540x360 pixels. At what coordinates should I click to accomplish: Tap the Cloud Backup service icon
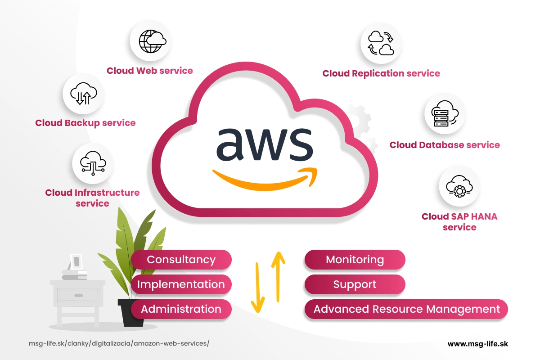coord(84,93)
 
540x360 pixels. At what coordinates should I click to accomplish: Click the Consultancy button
coord(181,260)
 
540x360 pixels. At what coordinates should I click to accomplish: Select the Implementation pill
coord(181,284)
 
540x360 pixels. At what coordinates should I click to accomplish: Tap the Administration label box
coord(181,309)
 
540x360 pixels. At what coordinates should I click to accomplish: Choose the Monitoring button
coord(355,260)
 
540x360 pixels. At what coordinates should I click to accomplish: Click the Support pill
coord(355,284)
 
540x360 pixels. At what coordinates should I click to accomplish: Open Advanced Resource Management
coord(406,309)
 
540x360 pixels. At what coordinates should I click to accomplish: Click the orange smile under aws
coord(265,179)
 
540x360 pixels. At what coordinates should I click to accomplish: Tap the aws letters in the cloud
coord(264,144)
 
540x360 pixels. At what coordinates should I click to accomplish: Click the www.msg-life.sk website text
coord(477,343)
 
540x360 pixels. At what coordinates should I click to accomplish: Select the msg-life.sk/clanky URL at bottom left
coord(119,343)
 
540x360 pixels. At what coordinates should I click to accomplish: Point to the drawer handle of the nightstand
coord(78,295)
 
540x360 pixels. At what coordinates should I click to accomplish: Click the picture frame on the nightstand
coord(76,261)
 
